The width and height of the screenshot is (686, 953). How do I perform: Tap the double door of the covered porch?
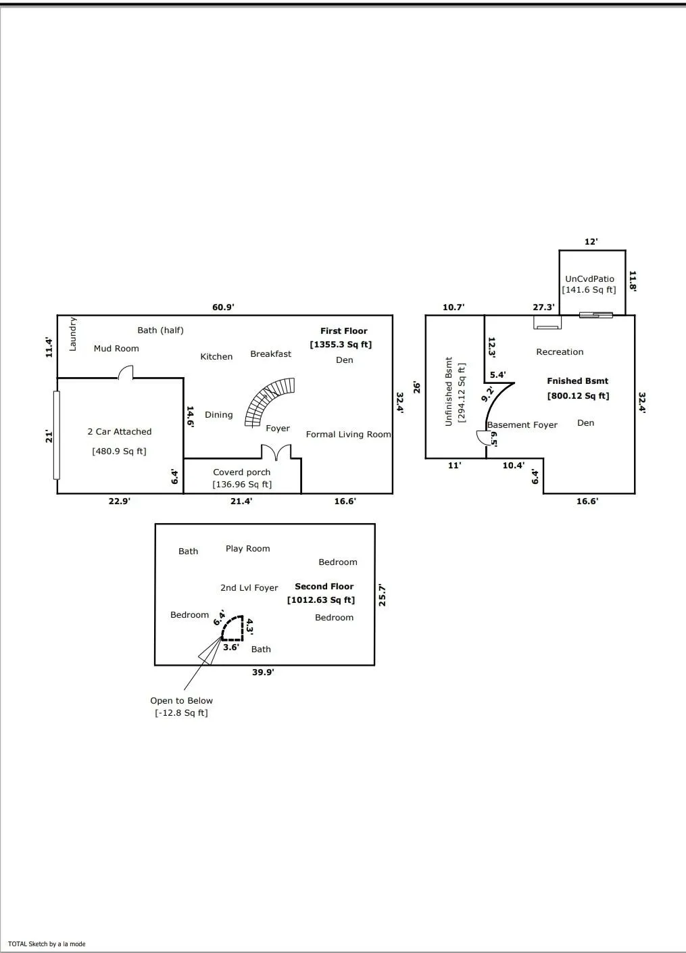click(276, 452)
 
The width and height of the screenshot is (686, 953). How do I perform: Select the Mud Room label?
click(116, 349)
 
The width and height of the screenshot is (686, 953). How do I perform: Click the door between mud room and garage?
click(126, 372)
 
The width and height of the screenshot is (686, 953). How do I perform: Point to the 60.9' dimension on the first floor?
click(223, 307)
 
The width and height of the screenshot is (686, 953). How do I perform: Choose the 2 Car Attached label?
click(120, 432)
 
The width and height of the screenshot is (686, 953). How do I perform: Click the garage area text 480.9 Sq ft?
click(119, 451)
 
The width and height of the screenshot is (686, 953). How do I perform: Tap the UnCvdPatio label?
click(590, 278)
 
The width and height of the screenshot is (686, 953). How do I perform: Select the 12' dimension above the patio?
click(591, 241)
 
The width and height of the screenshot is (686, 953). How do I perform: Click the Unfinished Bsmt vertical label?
click(449, 392)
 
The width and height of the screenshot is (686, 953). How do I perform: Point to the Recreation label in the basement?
click(560, 352)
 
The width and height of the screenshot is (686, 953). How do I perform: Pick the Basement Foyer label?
click(522, 425)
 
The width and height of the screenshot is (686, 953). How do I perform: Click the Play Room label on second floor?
click(248, 549)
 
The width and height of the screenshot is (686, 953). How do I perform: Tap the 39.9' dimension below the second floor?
click(263, 673)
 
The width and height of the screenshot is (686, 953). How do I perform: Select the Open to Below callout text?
click(181, 701)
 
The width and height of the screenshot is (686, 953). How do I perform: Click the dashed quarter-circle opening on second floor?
click(232, 629)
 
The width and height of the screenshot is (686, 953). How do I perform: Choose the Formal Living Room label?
click(348, 435)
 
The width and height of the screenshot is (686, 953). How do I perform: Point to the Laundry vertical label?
click(73, 334)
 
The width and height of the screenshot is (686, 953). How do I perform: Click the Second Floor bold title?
click(324, 587)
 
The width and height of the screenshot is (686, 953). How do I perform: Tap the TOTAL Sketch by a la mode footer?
click(47, 944)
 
